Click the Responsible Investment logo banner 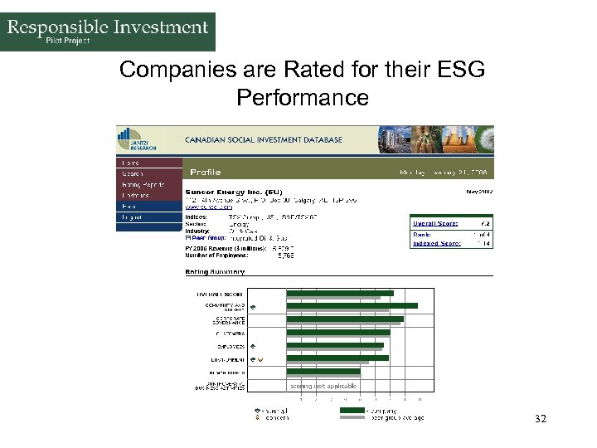pos(108,32)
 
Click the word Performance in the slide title pos(302,98)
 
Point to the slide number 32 pos(541,420)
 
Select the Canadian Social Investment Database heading pos(263,140)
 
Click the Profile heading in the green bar pos(206,173)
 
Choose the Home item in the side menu pos(131,163)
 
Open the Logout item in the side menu pos(133,217)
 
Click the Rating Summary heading pos(215,271)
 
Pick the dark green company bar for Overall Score pos(339,293)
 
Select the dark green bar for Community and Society pos(352,305)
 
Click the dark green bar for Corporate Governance pos(345,319)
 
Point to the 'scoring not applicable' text pos(323,386)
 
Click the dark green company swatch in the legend pos(352,410)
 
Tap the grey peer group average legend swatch pos(352,417)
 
